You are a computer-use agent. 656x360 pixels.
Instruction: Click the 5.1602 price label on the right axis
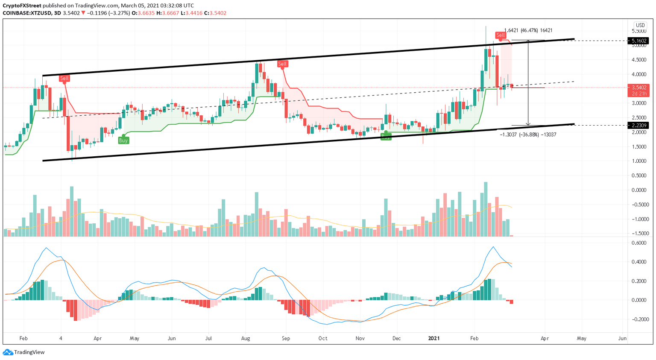(x=638, y=41)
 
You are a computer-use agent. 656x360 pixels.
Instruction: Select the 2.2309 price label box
(x=638, y=126)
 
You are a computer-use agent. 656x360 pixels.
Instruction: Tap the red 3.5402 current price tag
(x=638, y=88)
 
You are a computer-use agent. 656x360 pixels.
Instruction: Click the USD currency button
(x=640, y=25)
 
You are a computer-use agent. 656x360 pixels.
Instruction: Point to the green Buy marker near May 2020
(x=123, y=140)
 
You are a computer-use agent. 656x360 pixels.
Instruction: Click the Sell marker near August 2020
(x=282, y=64)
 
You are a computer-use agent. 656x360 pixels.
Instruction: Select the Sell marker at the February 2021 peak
(x=500, y=35)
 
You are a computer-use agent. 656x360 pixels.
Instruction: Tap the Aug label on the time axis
(x=246, y=338)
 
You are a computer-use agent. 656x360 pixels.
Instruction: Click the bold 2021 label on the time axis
(x=434, y=338)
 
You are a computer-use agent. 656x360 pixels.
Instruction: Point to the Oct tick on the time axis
(x=323, y=338)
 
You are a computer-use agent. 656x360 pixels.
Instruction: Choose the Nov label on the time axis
(x=360, y=338)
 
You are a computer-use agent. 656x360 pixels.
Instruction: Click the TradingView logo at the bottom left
(x=24, y=352)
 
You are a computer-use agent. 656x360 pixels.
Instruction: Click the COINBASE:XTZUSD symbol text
(x=26, y=13)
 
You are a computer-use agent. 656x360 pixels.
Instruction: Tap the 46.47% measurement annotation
(x=528, y=30)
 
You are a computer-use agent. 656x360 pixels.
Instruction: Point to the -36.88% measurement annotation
(x=528, y=135)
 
